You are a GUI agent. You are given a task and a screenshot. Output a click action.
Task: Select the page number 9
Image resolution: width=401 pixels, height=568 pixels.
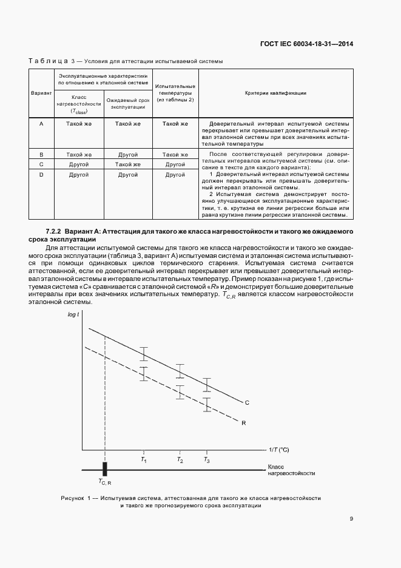click(x=351, y=518)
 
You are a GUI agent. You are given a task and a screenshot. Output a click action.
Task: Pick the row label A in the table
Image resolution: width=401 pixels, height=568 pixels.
click(x=41, y=124)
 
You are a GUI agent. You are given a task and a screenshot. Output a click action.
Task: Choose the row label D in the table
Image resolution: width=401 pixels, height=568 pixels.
click(x=41, y=175)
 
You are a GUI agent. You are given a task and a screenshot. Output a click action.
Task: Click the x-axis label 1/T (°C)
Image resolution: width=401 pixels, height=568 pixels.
click(x=279, y=450)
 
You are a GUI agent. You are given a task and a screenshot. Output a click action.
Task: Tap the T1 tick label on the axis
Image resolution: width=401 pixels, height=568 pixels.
click(x=144, y=461)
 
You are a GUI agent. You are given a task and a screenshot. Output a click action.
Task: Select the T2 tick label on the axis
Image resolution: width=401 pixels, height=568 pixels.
click(x=180, y=461)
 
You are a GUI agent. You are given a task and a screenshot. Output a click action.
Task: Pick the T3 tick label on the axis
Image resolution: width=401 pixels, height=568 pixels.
click(x=207, y=461)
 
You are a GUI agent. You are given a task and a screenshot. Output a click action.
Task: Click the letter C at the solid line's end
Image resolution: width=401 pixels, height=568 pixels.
click(x=247, y=402)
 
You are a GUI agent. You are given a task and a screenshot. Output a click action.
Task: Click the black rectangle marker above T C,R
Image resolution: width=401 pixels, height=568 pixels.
click(x=105, y=469)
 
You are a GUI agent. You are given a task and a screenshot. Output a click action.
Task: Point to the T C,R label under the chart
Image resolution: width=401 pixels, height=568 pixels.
click(x=105, y=482)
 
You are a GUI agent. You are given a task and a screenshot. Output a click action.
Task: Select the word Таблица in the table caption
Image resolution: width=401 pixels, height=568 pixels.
click(x=49, y=61)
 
